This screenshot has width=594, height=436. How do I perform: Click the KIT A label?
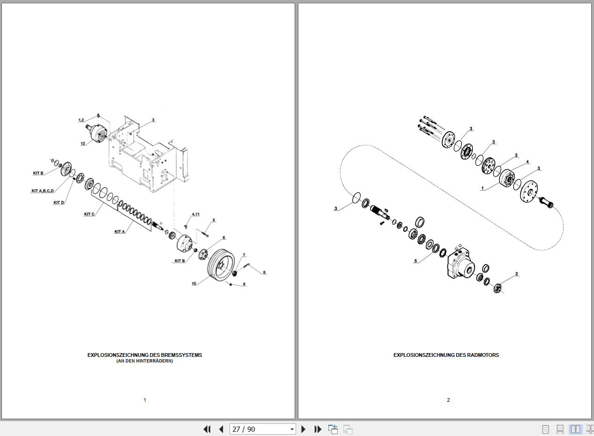[x=119, y=231]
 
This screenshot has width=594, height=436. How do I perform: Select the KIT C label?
[x=89, y=214]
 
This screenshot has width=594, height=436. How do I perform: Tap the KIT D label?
[x=58, y=202]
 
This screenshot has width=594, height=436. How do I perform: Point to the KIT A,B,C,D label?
[x=43, y=191]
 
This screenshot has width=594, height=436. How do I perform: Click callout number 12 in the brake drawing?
[x=83, y=143]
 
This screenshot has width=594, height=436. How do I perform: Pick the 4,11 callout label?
[x=196, y=214]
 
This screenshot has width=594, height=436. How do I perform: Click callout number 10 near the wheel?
[x=194, y=283]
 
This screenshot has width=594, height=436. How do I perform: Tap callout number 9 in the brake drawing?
[x=244, y=284]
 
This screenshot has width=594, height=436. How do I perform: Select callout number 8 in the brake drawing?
[x=264, y=272]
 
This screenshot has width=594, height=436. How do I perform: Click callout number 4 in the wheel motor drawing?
[x=527, y=162]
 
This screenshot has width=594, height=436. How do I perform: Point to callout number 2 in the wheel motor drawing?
[x=516, y=273]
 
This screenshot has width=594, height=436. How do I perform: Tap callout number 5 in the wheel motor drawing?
[x=415, y=261]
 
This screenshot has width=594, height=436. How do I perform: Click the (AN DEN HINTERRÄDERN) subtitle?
[x=145, y=361]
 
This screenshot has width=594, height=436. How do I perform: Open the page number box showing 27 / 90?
[x=262, y=429]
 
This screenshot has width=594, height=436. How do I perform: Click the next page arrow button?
[x=304, y=429]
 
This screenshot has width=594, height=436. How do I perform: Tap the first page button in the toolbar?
[x=207, y=429]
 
